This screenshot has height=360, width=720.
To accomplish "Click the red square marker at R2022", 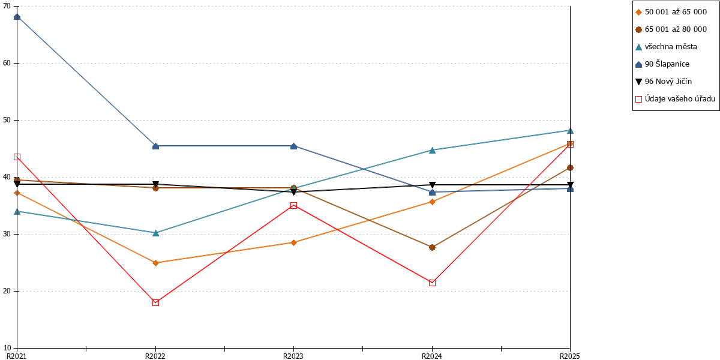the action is pyautogui.click(x=155, y=303).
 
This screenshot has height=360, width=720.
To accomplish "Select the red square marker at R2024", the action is pyautogui.click(x=433, y=283).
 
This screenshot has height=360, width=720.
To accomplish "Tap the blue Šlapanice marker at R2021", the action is pyautogui.click(x=17, y=17).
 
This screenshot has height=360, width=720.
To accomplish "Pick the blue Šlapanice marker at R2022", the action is pyautogui.click(x=155, y=146).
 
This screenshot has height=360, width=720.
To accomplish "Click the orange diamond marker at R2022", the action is pyautogui.click(x=155, y=263).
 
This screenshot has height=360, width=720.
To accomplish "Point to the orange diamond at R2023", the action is pyautogui.click(x=293, y=242).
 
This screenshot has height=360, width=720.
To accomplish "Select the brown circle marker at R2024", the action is pyautogui.click(x=433, y=247).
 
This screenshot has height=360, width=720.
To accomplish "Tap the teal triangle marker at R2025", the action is pyautogui.click(x=570, y=131).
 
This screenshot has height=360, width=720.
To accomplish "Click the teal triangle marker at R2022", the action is pyautogui.click(x=155, y=233).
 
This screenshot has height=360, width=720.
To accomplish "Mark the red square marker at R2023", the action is pyautogui.click(x=293, y=205).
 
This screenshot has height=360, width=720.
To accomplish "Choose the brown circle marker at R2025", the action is pyautogui.click(x=570, y=168).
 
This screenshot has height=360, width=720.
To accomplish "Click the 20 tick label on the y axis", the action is pyautogui.click(x=7, y=291).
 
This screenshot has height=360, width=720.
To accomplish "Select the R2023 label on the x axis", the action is pyautogui.click(x=293, y=356).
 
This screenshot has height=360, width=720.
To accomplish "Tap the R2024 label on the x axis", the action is pyautogui.click(x=431, y=356).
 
